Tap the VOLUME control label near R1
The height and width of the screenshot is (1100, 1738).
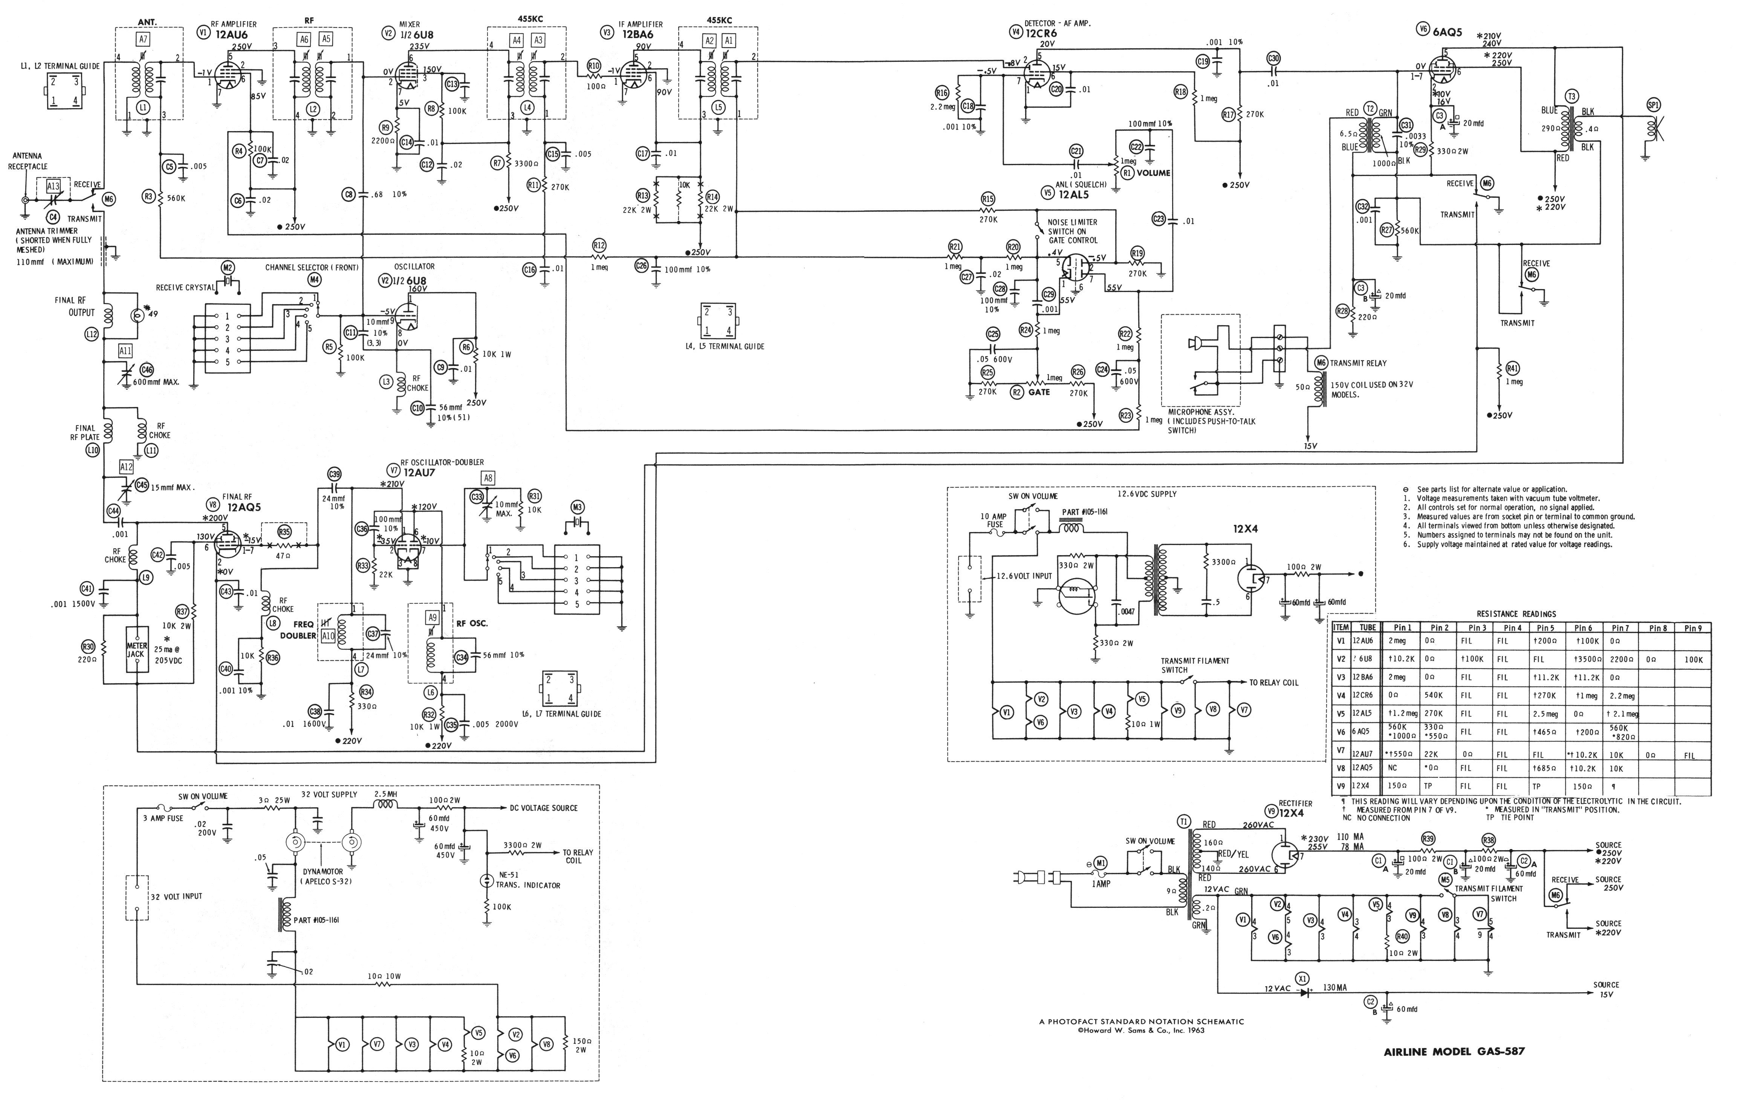(1153, 173)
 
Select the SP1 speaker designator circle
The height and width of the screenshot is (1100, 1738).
(1653, 106)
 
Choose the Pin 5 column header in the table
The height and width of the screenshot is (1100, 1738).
(1545, 628)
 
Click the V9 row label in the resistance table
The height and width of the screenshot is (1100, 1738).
(1340, 786)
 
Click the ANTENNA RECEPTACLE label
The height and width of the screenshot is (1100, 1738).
(28, 161)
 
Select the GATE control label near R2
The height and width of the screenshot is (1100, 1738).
(1039, 392)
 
